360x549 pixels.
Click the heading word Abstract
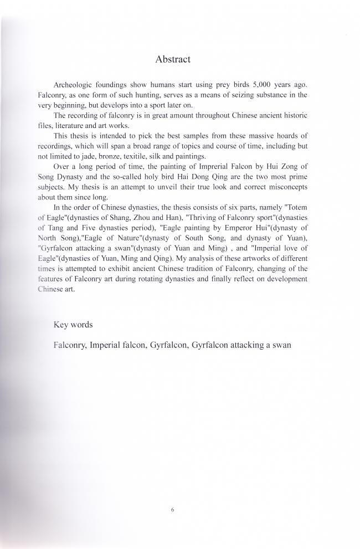(x=173, y=59)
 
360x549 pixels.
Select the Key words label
(x=73, y=325)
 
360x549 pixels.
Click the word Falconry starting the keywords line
(x=70, y=345)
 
